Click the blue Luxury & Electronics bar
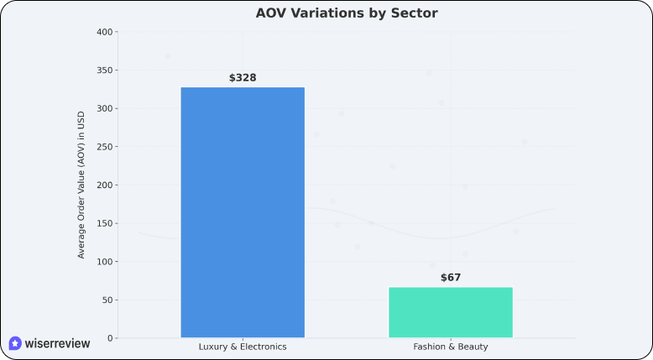(243, 212)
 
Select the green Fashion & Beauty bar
(451, 312)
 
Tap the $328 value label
(243, 78)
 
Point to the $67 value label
(451, 278)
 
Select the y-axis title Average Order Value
(81, 185)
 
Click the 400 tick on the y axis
(104, 32)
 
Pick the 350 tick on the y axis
(104, 70)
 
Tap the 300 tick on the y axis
(104, 108)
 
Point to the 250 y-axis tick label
(104, 147)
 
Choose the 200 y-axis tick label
(104, 185)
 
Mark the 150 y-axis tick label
(104, 223)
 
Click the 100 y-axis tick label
(104, 262)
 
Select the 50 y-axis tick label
(107, 300)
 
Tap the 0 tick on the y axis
(109, 338)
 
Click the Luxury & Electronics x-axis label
(243, 347)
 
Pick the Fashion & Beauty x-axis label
(451, 347)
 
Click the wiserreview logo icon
(15, 343)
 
